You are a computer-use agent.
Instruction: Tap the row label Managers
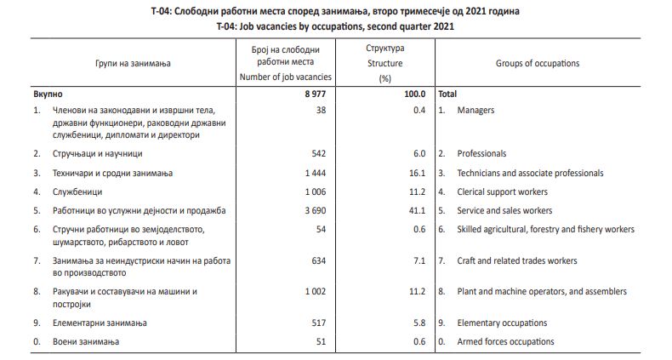point(476,111)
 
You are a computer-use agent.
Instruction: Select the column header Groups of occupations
point(537,64)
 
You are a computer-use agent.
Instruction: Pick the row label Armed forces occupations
point(505,341)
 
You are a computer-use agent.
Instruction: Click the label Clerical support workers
point(503,191)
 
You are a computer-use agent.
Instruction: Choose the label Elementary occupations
point(502,323)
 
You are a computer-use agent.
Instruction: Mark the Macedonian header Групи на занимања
point(133,64)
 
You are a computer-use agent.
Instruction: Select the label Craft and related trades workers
point(517,260)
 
